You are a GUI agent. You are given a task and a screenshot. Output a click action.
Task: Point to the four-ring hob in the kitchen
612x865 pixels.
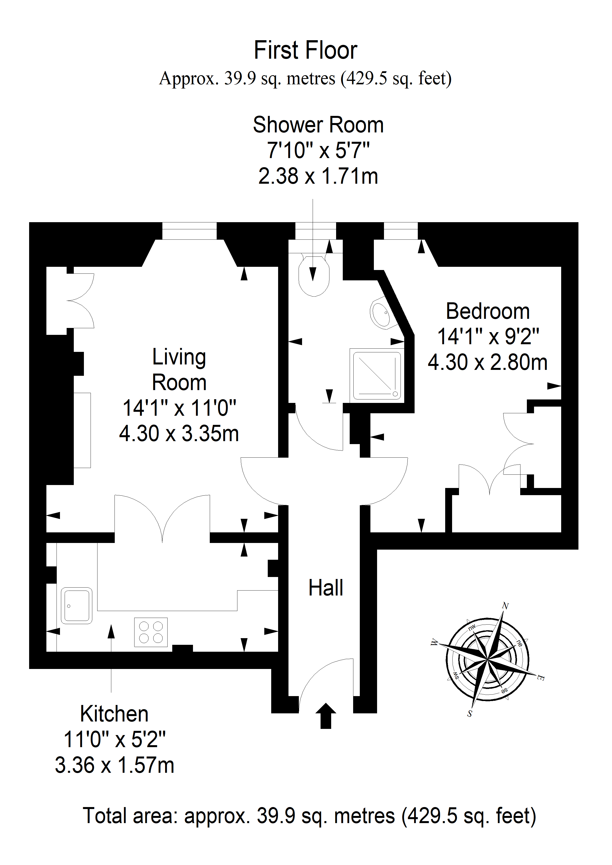tap(151, 632)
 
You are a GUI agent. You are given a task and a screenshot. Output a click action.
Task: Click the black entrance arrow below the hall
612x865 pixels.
tap(325, 715)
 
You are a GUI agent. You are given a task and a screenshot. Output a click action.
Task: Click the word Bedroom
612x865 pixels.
tap(488, 312)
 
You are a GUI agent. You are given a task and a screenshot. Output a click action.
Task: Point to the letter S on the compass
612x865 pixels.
tap(470, 713)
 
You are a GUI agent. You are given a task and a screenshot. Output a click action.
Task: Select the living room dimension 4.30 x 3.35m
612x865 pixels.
tap(179, 433)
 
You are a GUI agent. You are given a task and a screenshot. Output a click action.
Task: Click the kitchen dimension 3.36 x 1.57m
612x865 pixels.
tap(115, 765)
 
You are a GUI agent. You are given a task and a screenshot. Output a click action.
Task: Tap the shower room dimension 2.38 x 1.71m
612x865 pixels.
tap(318, 176)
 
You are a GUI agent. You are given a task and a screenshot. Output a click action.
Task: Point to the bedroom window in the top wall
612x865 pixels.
tap(401, 231)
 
